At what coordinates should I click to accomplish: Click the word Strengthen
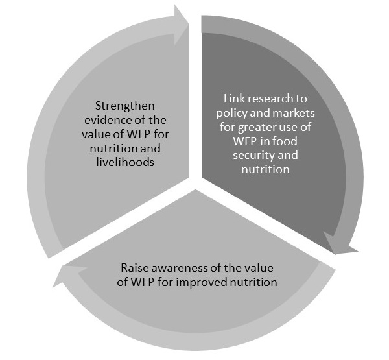click(124, 106)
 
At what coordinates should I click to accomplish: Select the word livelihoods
click(125, 162)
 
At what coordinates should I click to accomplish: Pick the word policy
click(231, 114)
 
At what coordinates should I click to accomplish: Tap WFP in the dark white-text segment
click(244, 141)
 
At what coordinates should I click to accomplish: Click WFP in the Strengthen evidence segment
click(138, 134)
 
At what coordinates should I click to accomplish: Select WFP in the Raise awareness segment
click(143, 283)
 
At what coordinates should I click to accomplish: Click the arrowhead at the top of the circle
click(181, 25)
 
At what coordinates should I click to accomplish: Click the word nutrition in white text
click(265, 170)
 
